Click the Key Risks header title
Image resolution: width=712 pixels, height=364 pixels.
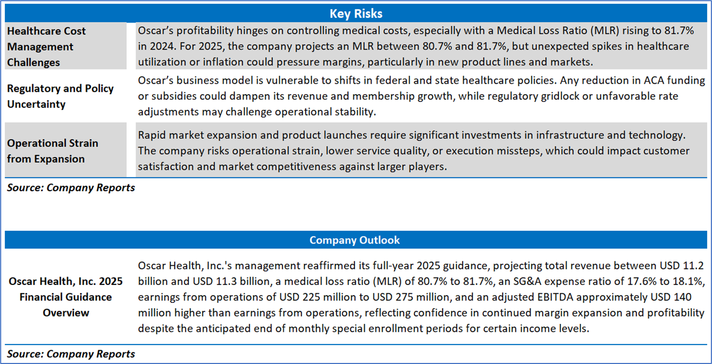pyautogui.click(x=355, y=13)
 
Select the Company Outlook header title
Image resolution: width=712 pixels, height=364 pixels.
pyautogui.click(x=354, y=240)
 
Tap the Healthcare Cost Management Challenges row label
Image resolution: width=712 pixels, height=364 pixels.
pyautogui.click(x=46, y=46)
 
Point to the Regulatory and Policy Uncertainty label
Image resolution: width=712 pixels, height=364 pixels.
pyautogui.click(x=60, y=96)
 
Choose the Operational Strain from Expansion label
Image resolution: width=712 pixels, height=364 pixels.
pyautogui.click(x=53, y=151)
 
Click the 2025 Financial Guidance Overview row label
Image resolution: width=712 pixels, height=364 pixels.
pyautogui.click(x=66, y=297)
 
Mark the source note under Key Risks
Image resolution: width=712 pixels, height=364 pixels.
pyautogui.click(x=70, y=188)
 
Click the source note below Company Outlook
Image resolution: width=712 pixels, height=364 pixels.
pyautogui.click(x=70, y=354)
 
